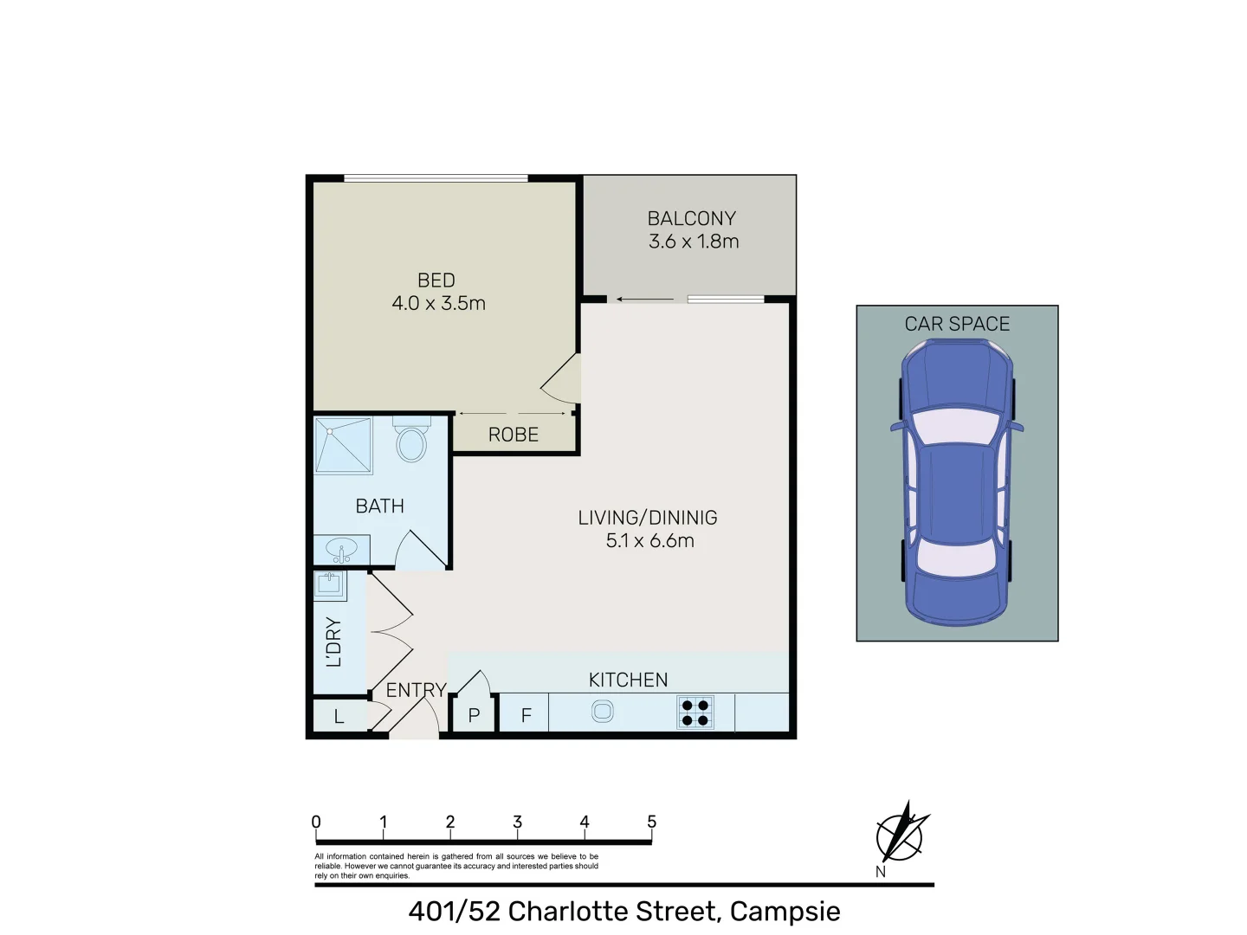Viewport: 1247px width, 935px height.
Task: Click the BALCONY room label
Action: click(x=691, y=219)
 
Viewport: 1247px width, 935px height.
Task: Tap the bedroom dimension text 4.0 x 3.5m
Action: click(x=438, y=304)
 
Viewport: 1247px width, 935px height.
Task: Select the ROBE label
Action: click(x=514, y=435)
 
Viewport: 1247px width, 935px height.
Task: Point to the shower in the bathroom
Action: click(x=343, y=446)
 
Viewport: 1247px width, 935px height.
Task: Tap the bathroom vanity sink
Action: click(x=342, y=550)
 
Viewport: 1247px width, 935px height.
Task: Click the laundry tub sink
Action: click(x=329, y=584)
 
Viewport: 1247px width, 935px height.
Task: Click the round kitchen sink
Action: click(x=602, y=713)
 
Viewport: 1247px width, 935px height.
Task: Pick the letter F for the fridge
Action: click(x=526, y=716)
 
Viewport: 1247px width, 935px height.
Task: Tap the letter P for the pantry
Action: click(x=474, y=716)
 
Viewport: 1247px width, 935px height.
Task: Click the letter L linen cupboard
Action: click(x=339, y=717)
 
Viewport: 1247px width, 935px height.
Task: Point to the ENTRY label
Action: click(x=416, y=690)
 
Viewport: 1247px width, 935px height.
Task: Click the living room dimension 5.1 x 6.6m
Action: click(x=649, y=541)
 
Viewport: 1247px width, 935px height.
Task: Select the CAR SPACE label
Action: click(x=957, y=324)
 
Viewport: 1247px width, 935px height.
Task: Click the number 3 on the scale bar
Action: click(x=517, y=822)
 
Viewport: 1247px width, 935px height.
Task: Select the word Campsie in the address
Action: click(x=785, y=912)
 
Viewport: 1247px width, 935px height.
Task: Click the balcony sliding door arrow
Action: click(x=644, y=300)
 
